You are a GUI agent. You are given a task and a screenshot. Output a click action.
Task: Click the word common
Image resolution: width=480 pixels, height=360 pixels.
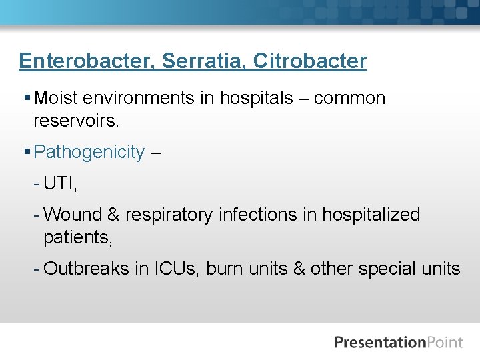coord(349,99)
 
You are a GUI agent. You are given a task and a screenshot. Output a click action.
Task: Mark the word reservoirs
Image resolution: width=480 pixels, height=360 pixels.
coord(75,121)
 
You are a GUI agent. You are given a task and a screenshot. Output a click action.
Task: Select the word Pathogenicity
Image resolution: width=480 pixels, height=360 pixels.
coord(89,153)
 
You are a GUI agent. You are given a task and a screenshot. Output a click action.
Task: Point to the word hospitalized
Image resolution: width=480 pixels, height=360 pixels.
coord(371,215)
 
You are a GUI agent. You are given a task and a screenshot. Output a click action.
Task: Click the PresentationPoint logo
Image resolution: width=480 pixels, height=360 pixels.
coord(398,343)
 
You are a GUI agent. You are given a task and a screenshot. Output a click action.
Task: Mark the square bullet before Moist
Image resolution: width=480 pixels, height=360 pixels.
coord(26,99)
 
